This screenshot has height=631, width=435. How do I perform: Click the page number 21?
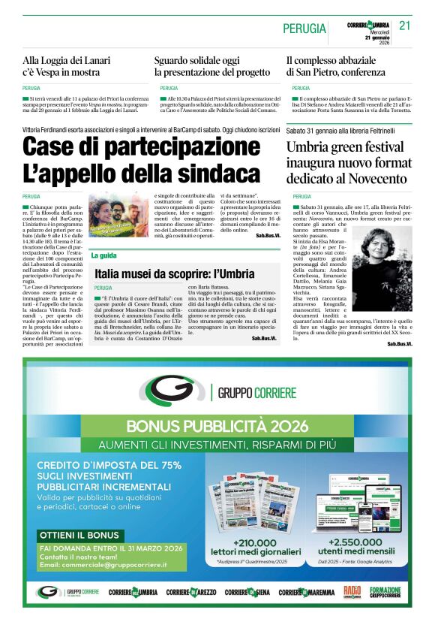[x=405, y=26]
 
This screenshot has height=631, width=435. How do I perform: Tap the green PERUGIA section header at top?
[x=304, y=29]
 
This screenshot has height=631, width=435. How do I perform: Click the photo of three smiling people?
[x=118, y=215]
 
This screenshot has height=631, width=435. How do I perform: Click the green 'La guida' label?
[x=103, y=256]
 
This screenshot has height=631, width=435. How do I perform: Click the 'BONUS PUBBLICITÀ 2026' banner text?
[x=217, y=426]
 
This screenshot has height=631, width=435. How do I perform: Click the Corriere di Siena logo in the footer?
[x=247, y=592]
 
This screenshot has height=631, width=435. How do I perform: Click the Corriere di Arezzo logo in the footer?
[x=191, y=592]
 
